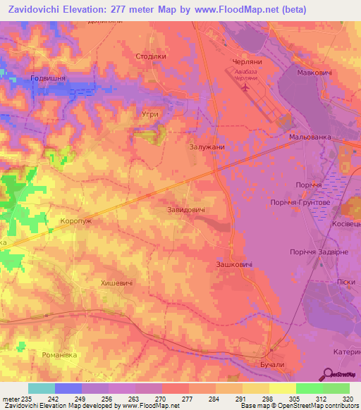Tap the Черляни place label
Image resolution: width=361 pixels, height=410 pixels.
point(247,62)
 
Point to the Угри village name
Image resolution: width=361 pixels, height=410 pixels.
point(147,113)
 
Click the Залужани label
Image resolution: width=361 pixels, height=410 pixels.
point(207,147)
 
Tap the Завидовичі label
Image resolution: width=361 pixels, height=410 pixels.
point(186,210)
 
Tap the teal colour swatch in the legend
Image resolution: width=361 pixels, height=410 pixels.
point(41,388)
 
